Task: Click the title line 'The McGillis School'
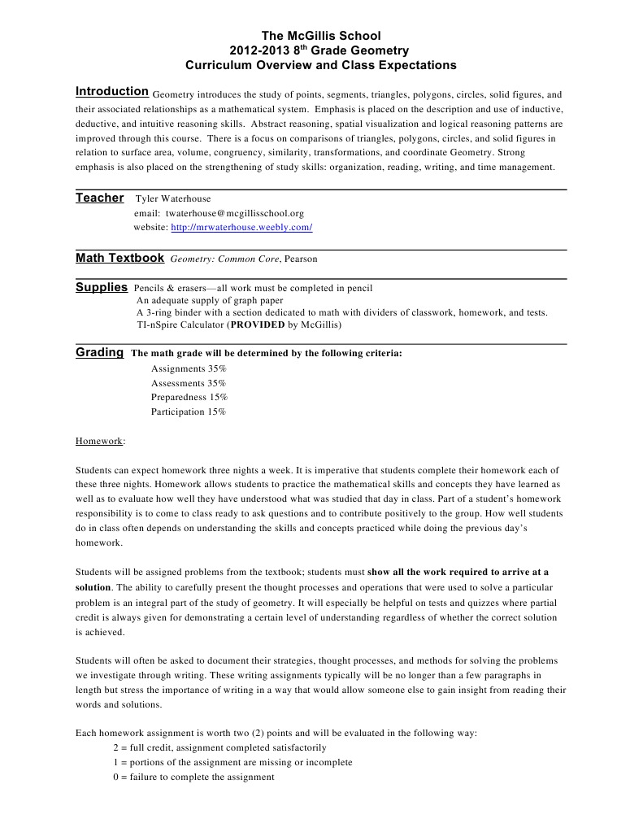[x=320, y=36]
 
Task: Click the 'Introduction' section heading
[x=111, y=91]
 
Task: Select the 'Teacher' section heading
[x=100, y=198]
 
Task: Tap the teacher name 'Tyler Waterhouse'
[x=172, y=198]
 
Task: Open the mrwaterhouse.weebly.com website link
[x=241, y=228]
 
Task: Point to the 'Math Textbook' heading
[x=119, y=258]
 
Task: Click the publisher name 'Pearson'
[x=302, y=259]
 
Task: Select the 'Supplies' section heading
[x=102, y=287]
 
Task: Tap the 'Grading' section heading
[x=99, y=353]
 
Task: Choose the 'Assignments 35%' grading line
[x=189, y=368]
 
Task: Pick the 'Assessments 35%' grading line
[x=189, y=383]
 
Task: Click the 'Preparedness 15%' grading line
[x=189, y=397]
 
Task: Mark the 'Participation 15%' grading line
[x=189, y=412]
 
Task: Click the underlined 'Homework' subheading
[x=99, y=441]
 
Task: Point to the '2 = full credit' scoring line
[x=219, y=747]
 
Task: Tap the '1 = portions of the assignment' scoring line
[x=232, y=762]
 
